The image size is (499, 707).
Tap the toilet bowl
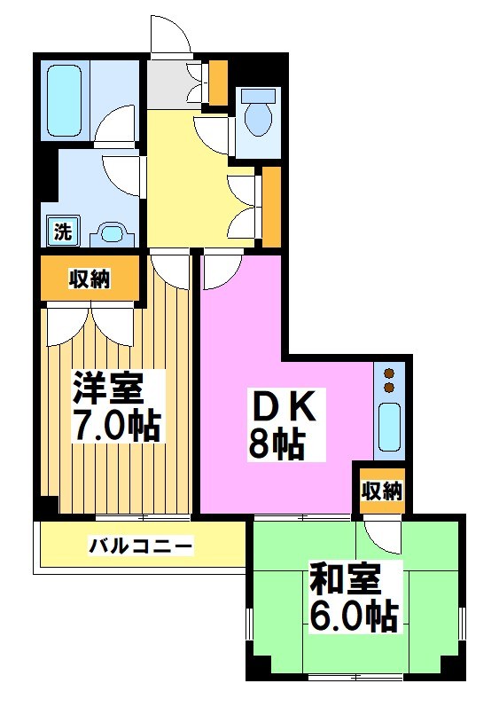click(x=258, y=117)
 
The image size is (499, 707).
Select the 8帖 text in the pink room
click(x=276, y=444)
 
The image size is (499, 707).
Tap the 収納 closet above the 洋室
click(x=90, y=279)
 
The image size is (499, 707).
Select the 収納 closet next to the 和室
click(x=382, y=491)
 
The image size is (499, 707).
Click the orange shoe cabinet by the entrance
click(x=218, y=82)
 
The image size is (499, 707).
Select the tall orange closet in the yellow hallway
click(x=271, y=206)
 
